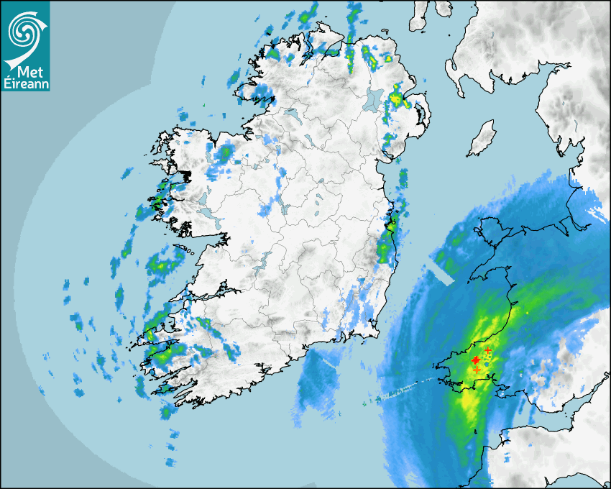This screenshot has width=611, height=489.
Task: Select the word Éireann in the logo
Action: pyautogui.click(x=25, y=85)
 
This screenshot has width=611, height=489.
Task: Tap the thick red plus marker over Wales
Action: pyautogui.click(x=475, y=360)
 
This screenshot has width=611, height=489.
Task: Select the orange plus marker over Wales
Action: pyautogui.click(x=477, y=370)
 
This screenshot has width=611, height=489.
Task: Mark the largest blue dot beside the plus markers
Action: pyautogui.click(x=487, y=365)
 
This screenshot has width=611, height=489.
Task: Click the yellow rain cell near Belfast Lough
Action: pyautogui.click(x=396, y=96)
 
